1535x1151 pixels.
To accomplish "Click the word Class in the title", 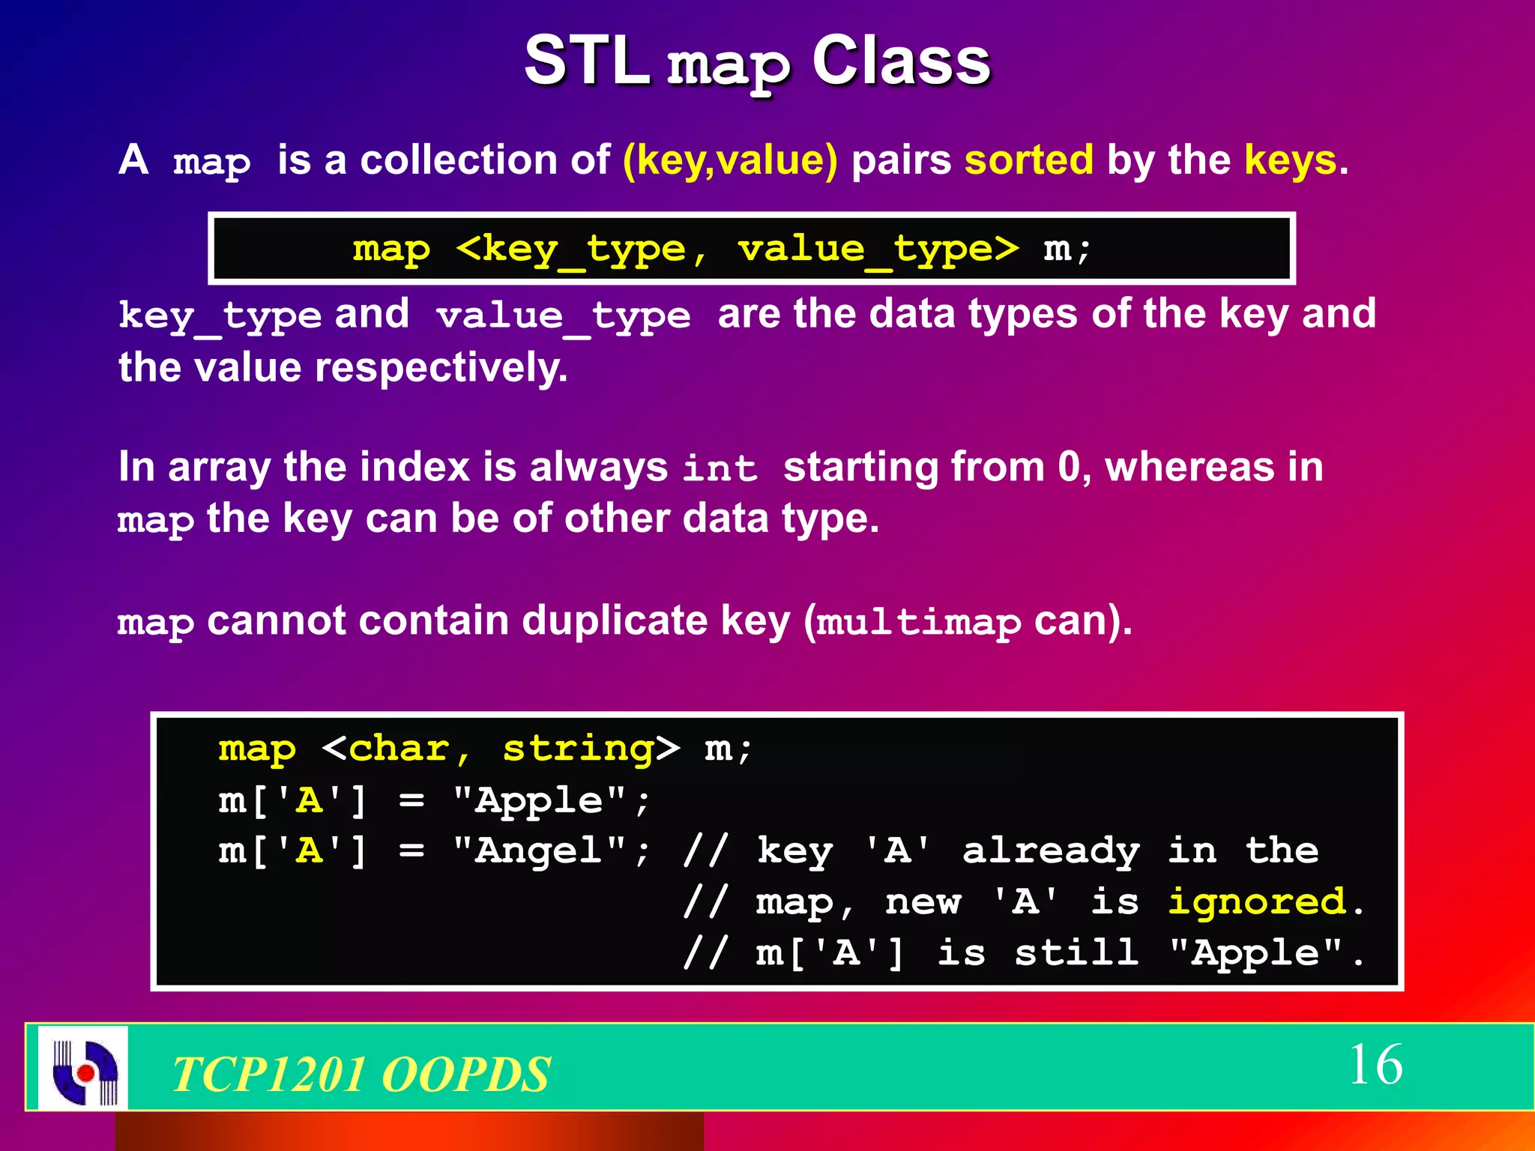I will click(x=901, y=61).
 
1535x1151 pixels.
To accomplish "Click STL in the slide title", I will click(x=586, y=61).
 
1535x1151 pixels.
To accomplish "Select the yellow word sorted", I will click(x=1029, y=160).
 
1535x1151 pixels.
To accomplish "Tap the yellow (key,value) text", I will click(x=730, y=160).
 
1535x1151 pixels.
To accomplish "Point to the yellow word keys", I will click(x=1291, y=160).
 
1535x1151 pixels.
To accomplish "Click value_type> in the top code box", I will click(x=878, y=249).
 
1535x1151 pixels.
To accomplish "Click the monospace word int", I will click(x=720, y=469).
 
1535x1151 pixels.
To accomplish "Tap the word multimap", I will click(x=919, y=622).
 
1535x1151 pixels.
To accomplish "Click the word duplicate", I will click(x=614, y=620).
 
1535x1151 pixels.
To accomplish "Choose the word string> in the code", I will click(x=591, y=749).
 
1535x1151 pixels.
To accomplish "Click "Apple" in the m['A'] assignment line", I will click(x=540, y=800).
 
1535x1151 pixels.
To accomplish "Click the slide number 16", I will click(x=1375, y=1064).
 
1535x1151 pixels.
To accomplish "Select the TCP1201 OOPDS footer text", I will click(x=361, y=1073).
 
